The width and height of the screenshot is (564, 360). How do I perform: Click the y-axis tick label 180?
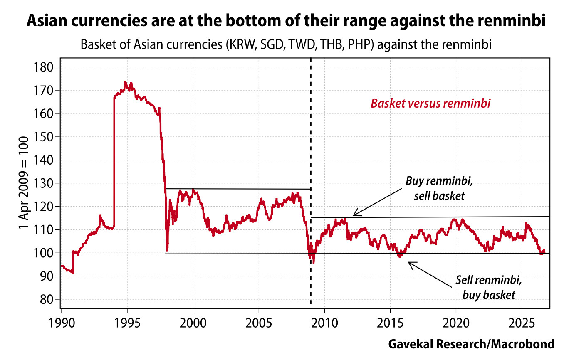[x=43, y=67]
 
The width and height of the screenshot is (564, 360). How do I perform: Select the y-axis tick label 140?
[x=43, y=160]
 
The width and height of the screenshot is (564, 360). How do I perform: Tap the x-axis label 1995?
[x=127, y=323]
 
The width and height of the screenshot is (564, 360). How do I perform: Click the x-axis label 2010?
[x=324, y=323]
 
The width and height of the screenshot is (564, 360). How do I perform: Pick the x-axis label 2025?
[x=522, y=323]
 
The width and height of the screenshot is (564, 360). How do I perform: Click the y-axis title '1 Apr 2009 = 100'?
[x=23, y=183]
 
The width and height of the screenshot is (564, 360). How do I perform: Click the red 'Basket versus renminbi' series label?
[x=430, y=104]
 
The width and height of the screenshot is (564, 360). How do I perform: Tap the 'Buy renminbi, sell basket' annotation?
[x=439, y=188]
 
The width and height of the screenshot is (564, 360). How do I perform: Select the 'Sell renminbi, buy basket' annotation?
[x=489, y=288]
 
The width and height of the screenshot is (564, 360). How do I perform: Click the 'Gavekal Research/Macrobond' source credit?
[x=471, y=344]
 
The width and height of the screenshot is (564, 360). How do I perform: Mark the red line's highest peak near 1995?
[x=125, y=82]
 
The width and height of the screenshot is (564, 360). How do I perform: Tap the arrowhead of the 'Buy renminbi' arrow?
[x=353, y=215]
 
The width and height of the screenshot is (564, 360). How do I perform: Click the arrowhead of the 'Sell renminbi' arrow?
[x=408, y=262]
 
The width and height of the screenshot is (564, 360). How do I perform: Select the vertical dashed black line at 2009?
[x=311, y=183]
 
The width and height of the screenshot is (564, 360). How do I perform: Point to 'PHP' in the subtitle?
[x=361, y=45]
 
